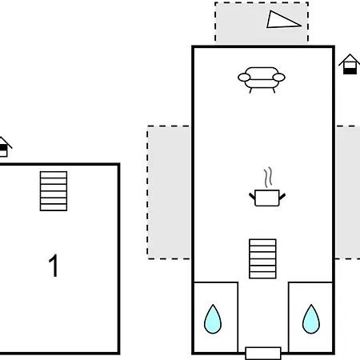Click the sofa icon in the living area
tap(262, 79)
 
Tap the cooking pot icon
tap(267, 198)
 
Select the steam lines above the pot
tap(268, 177)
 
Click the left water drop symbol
tap(213, 320)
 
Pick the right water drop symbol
tap(311, 320)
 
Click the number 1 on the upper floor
tap(54, 266)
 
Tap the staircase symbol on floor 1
tap(54, 191)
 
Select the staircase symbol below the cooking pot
tap(262, 258)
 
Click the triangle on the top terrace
tap(282, 21)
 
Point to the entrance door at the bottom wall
tap(263, 353)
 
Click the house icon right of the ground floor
tap(350, 64)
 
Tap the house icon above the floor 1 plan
tap(5, 147)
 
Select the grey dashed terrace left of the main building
tap(169, 192)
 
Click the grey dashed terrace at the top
tap(262, 22)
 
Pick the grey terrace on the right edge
tap(348, 192)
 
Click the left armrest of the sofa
tap(244, 78)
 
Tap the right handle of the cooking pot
tap(282, 197)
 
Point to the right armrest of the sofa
tap(278, 78)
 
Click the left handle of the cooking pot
tap(252, 197)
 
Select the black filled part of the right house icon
tap(350, 71)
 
